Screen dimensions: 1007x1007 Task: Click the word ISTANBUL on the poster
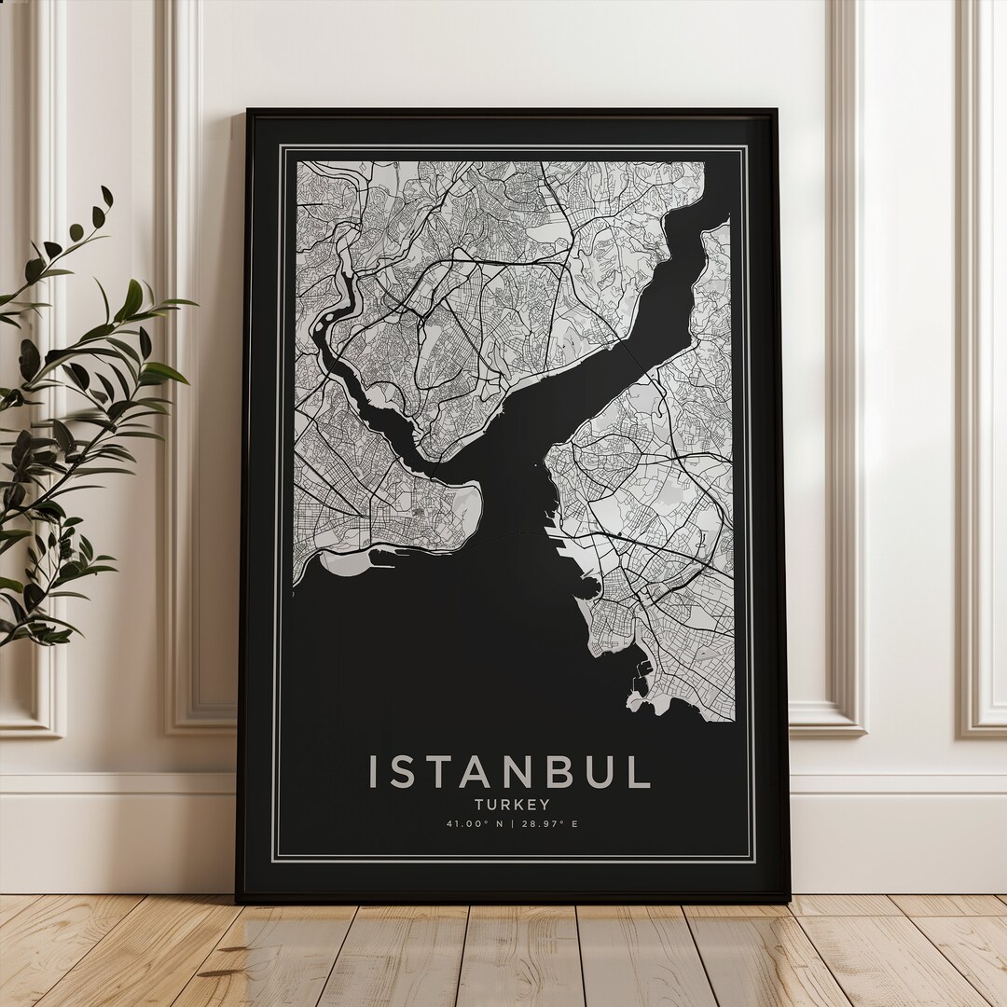point(509,772)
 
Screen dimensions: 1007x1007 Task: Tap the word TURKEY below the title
point(510,804)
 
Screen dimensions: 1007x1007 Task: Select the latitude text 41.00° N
point(474,824)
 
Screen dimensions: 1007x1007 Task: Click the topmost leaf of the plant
point(107,196)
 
